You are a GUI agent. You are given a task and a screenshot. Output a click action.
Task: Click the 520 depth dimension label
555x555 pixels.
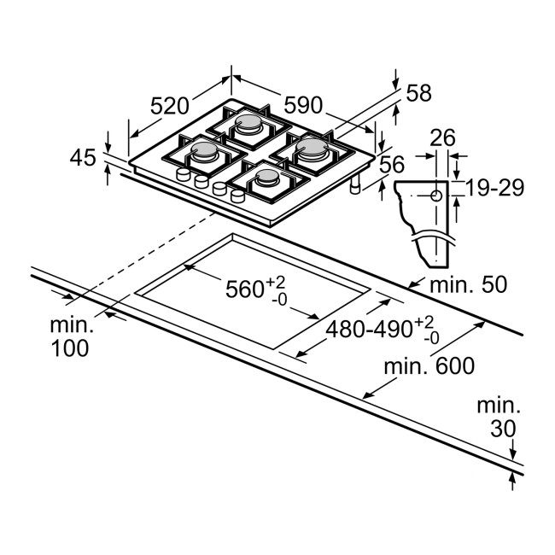[169, 106]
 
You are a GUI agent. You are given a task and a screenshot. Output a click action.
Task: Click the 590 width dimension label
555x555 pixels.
[303, 105]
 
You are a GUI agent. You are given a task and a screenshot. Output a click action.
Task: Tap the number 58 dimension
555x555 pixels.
[418, 94]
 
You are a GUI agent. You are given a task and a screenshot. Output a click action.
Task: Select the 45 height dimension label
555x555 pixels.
[83, 157]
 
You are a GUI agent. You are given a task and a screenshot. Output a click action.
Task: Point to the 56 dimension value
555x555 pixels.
[391, 164]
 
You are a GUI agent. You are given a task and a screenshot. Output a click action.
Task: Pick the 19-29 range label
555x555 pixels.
[495, 189]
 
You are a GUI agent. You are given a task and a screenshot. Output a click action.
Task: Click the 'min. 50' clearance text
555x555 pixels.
[468, 285]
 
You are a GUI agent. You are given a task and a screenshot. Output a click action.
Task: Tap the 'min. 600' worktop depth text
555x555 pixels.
[429, 366]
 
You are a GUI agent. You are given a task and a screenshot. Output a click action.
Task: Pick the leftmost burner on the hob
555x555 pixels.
[206, 153]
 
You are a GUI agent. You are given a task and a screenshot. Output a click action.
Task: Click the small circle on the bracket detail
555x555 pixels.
[436, 195]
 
